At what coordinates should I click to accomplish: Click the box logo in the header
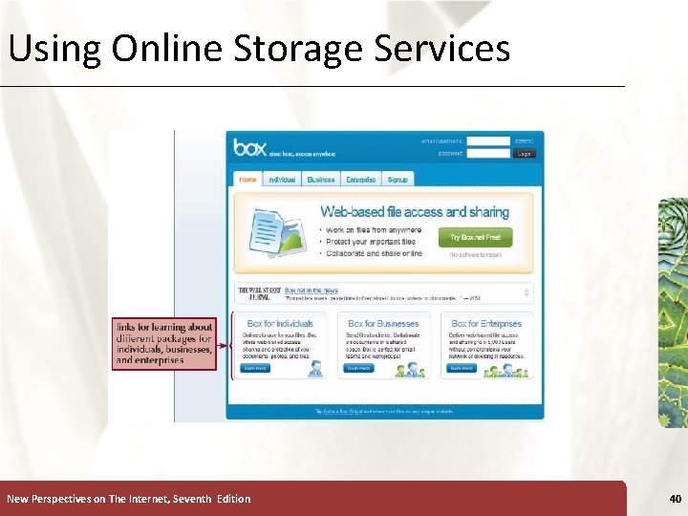coord(250,148)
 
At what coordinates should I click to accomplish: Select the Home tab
coord(247,180)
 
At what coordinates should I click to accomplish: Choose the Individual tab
coord(282,180)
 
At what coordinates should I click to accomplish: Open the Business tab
coord(321,180)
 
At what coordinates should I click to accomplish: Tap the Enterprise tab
coord(360,180)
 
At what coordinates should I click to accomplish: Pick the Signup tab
coord(398,180)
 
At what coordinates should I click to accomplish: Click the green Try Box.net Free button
coord(481,237)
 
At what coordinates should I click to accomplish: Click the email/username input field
coord(487,140)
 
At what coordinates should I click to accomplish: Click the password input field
coord(487,153)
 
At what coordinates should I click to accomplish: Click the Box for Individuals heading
coord(279,324)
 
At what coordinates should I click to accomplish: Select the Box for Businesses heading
coord(383,324)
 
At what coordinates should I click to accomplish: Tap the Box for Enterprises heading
coord(486,324)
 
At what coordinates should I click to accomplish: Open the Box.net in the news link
coord(312,290)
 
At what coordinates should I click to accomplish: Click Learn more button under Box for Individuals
coord(254,368)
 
